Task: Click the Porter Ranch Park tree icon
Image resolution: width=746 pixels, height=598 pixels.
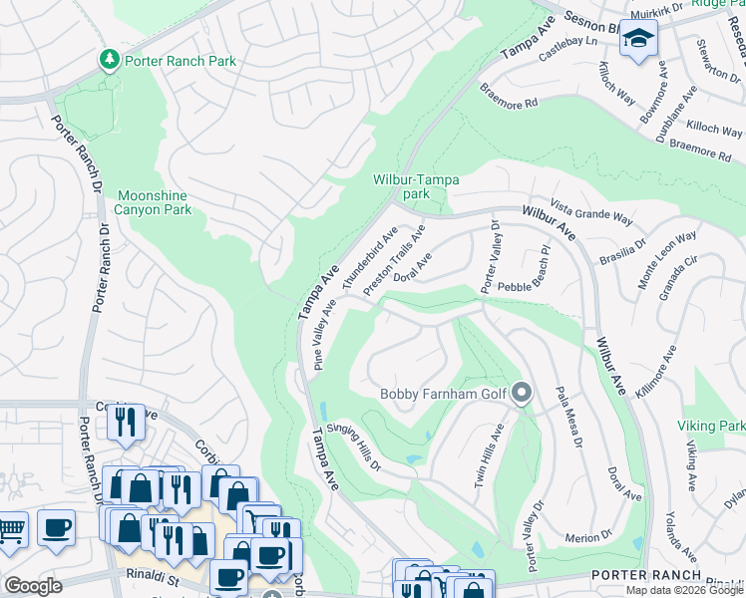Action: (109, 61)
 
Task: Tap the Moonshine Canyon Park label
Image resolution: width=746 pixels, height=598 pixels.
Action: (154, 202)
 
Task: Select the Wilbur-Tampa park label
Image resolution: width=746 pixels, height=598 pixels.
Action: (416, 186)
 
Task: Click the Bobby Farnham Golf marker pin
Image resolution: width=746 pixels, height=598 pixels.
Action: (521, 395)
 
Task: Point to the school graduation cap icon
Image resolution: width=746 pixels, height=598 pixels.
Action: (635, 41)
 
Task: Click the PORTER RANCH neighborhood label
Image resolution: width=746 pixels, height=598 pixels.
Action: (640, 576)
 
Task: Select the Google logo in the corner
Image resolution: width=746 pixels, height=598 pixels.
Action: (33, 585)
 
